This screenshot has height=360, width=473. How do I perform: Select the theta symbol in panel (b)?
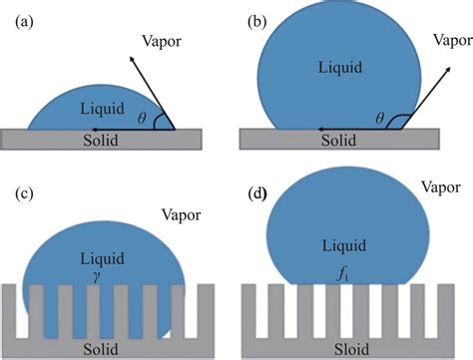click(x=379, y=117)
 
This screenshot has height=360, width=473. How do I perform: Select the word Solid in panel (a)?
click(x=99, y=141)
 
